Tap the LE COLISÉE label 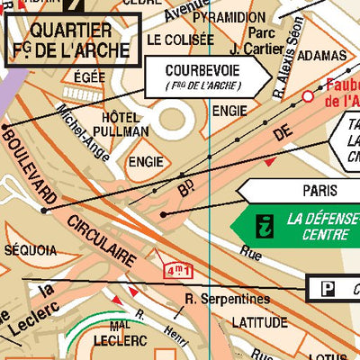(180, 40)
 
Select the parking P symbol (322, 288)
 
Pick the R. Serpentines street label (226, 299)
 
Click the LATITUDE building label (259, 321)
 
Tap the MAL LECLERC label (126, 333)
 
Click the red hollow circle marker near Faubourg (308, 95)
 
